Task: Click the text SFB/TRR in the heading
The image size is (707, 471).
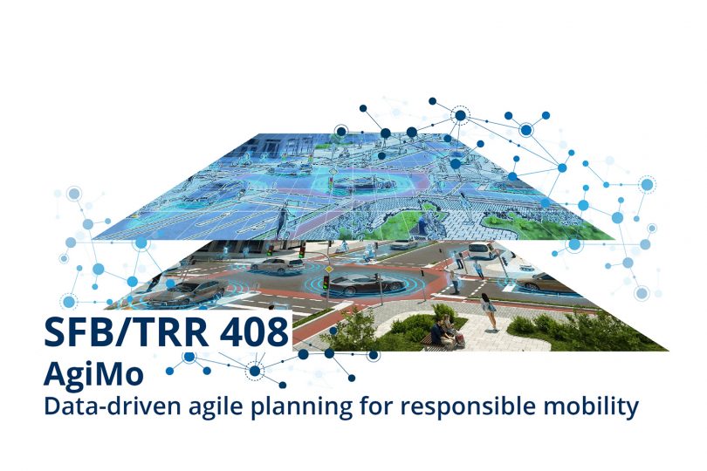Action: click(127, 332)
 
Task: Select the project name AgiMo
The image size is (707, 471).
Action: click(93, 373)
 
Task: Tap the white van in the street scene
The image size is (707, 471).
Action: click(482, 250)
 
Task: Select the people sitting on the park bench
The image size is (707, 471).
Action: click(444, 331)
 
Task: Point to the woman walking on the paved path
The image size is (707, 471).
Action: click(489, 311)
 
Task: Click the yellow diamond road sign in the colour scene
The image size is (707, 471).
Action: click(330, 269)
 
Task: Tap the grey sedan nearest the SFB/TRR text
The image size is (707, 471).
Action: click(189, 293)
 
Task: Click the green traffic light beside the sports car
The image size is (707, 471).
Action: click(326, 282)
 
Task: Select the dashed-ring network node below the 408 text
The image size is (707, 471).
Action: click(255, 371)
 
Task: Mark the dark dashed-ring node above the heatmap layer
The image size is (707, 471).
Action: click(460, 116)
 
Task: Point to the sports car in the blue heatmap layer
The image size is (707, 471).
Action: click(362, 183)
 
